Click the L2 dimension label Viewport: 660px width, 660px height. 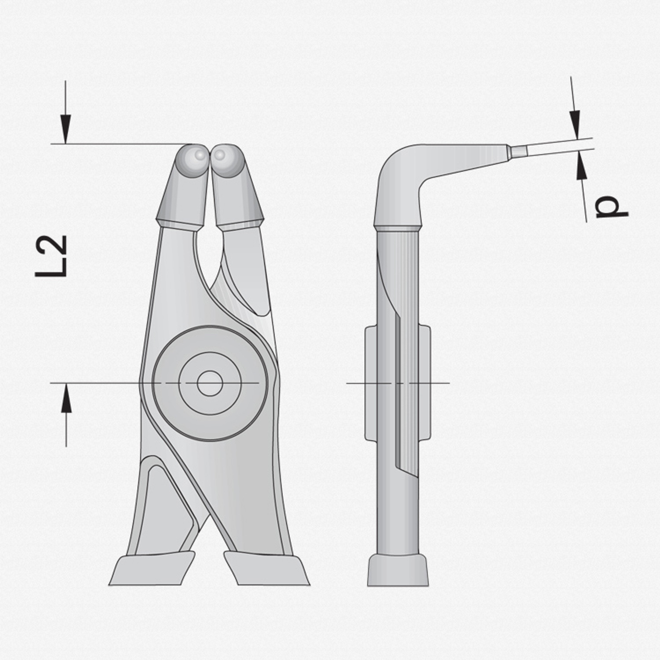coord(51,256)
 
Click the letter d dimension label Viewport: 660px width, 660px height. coord(611,208)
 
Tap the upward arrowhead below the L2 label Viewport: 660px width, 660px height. coord(66,398)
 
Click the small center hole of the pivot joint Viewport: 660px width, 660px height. coord(210,383)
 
